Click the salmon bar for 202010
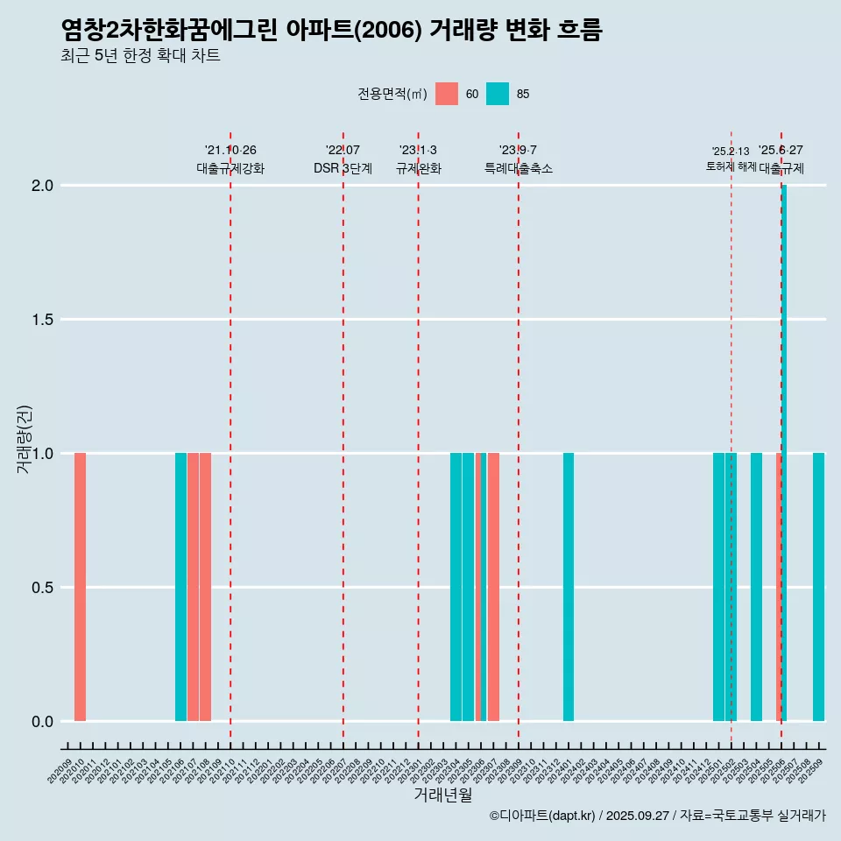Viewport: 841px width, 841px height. [80, 587]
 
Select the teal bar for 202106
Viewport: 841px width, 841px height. [180, 587]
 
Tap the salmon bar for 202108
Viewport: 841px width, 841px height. [205, 587]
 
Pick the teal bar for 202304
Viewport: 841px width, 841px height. [456, 587]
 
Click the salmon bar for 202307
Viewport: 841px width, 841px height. [493, 587]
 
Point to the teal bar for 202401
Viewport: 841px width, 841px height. [569, 587]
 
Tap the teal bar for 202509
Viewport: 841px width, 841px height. [818, 587]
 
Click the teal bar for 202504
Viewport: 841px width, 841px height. [756, 587]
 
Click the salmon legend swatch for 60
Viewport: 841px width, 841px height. [447, 94]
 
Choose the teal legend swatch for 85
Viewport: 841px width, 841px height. [498, 94]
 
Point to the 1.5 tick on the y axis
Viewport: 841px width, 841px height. [42, 320]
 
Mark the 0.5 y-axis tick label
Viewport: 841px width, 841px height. [42, 588]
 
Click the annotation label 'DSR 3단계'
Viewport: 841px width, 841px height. [343, 168]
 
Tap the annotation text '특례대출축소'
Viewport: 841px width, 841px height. [519, 168]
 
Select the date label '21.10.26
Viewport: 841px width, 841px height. [230, 151]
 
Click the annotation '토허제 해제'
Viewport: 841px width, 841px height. [731, 166]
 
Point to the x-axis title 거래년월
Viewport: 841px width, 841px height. [442, 795]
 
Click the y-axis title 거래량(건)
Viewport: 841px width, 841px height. [25, 439]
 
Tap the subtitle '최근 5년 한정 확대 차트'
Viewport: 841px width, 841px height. [140, 56]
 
